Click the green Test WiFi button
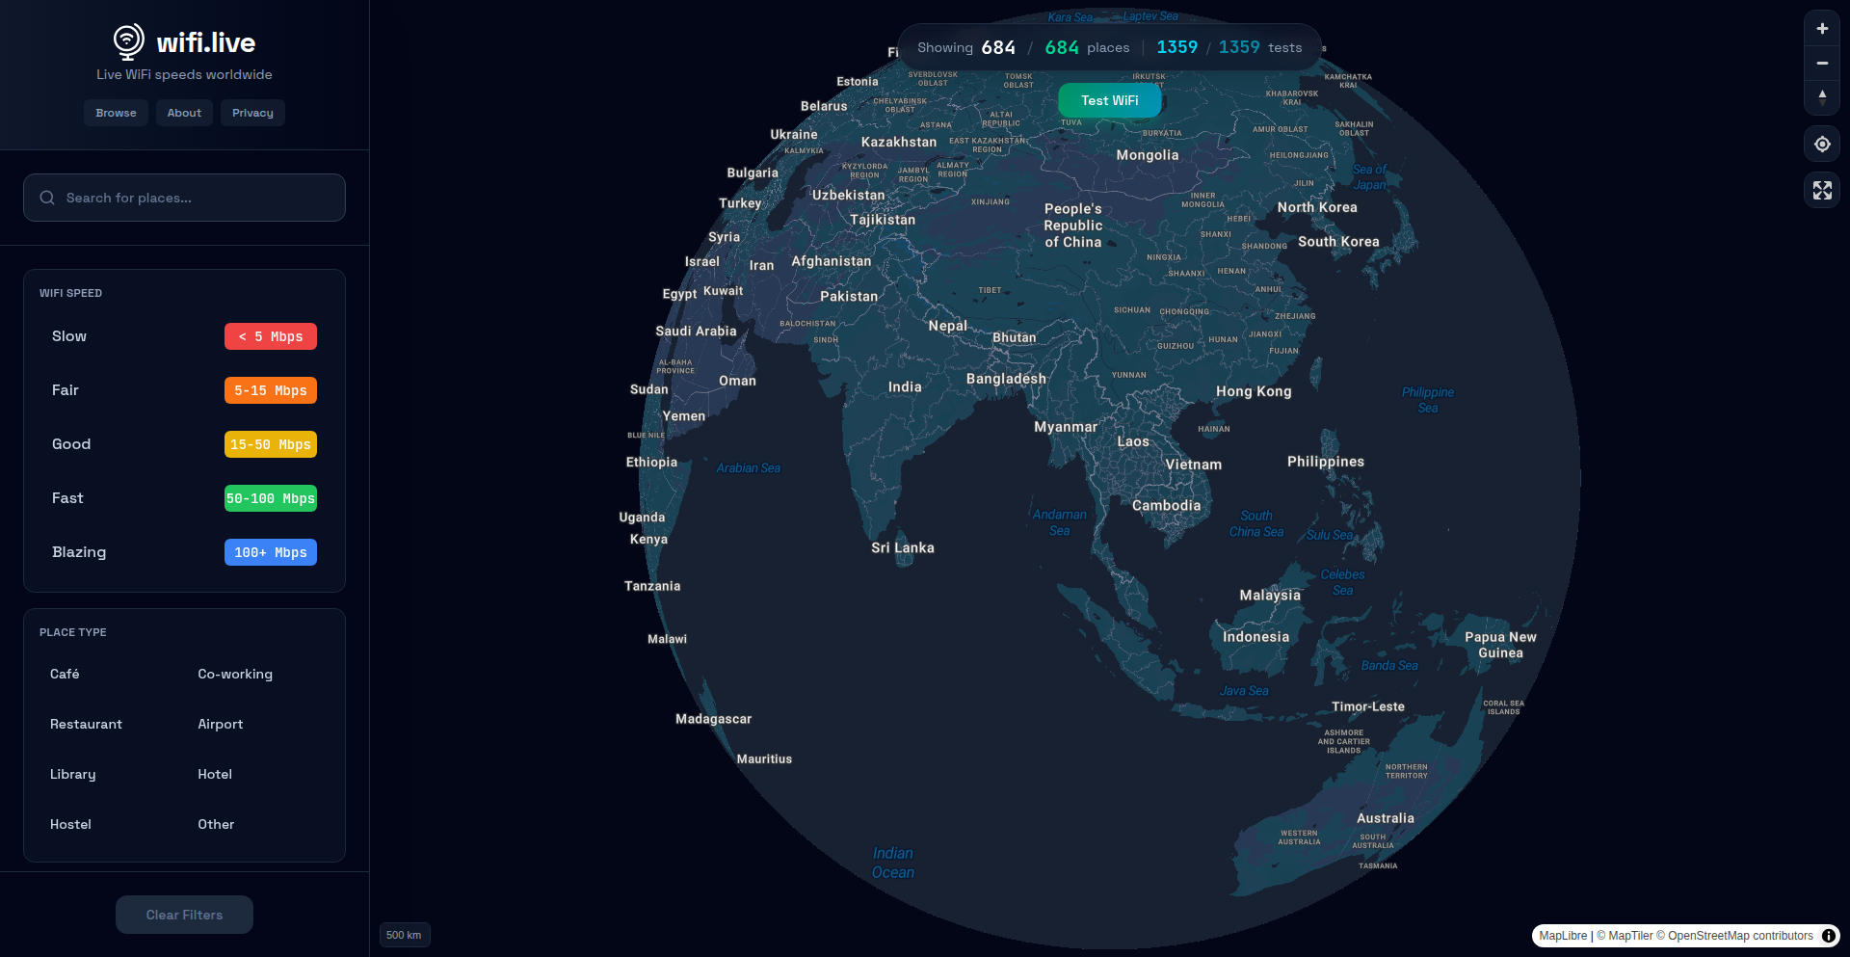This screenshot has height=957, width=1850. point(1109,100)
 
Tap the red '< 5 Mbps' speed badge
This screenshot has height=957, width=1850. point(271,336)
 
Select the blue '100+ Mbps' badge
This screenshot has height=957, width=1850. point(271,552)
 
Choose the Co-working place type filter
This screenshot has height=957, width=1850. point(235,674)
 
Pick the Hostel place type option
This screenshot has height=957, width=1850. point(70,824)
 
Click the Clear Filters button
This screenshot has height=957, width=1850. point(184,915)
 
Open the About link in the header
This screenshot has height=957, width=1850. point(184,113)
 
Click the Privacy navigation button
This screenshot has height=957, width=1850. point(252,113)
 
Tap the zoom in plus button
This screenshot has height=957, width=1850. point(1822,29)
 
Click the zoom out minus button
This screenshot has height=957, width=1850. point(1822,63)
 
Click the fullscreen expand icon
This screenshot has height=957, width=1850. point(1822,191)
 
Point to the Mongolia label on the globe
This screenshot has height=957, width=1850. point(1147,155)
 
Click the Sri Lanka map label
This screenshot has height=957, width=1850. point(903,547)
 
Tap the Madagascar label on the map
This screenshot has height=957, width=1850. point(713,719)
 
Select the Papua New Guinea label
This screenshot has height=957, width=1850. point(1500,645)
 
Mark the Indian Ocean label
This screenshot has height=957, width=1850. point(893,863)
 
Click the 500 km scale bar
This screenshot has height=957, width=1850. point(404,935)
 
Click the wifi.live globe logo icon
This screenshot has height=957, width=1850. point(128,41)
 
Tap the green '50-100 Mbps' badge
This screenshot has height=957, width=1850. point(271,498)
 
